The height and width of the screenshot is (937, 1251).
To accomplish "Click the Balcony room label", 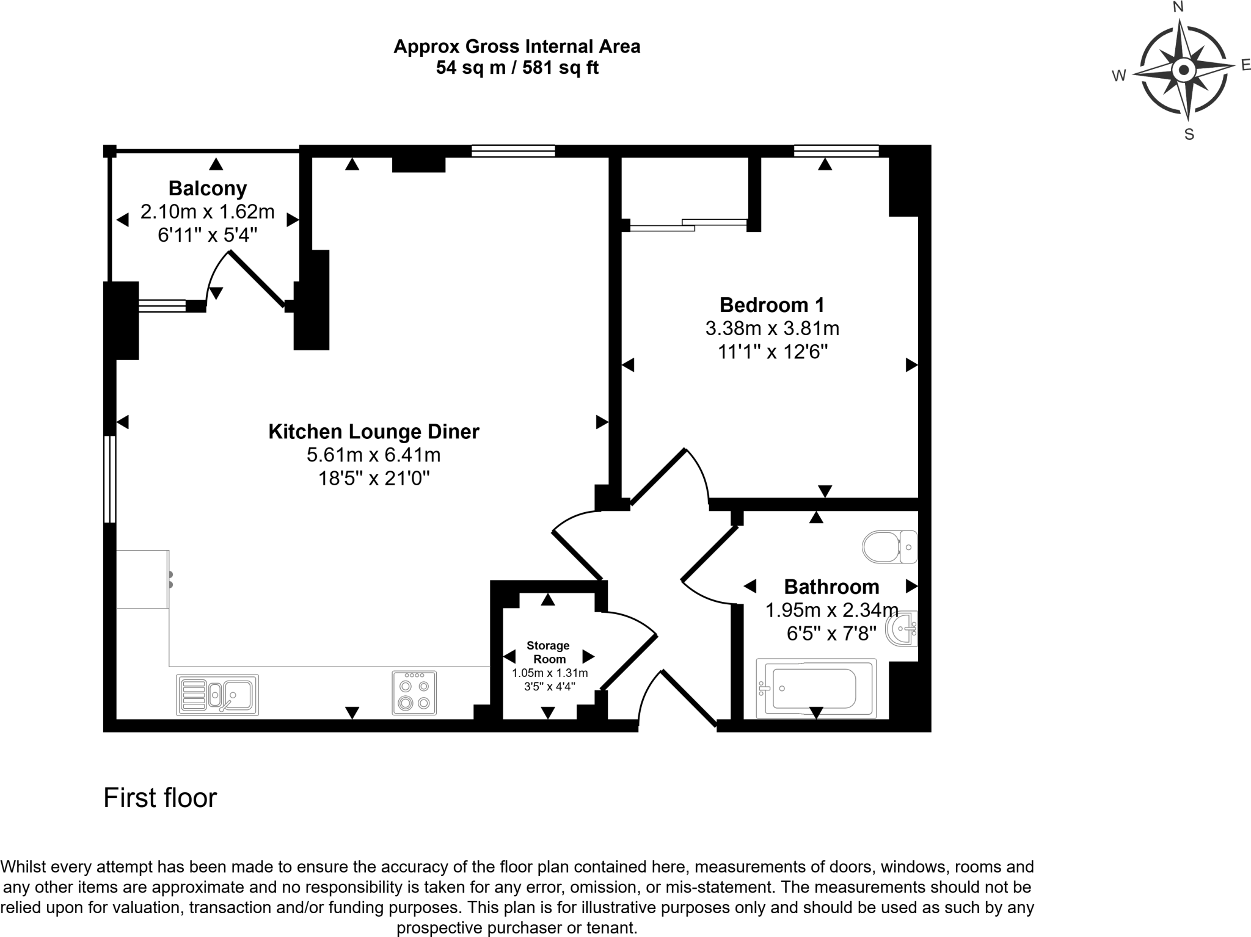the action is point(207,189).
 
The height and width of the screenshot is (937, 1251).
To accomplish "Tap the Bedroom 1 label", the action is point(772,305).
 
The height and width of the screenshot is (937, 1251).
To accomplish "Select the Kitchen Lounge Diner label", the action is point(374,432).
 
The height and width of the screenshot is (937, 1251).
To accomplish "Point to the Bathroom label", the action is point(831,587).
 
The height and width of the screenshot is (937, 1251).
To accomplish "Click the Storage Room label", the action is point(549,652).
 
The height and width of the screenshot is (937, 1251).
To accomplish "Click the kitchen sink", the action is point(217,695).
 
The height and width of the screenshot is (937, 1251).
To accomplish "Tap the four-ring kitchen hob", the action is point(414,693).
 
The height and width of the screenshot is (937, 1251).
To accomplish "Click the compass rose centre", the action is point(1184,70).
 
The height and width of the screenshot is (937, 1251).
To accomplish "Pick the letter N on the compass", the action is point(1178,7).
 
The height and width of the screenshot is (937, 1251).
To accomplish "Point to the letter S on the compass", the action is point(1189,135).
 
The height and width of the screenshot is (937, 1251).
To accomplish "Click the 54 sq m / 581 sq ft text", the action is point(517,68).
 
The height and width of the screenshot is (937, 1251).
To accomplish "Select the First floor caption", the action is point(160,798).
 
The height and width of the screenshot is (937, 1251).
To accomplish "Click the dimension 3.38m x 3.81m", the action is point(772,328).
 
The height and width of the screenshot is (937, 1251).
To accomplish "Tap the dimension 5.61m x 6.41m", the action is point(374,455).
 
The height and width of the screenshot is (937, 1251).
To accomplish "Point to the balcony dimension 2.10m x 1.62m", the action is point(207,212).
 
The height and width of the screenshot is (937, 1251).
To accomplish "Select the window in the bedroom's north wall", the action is point(836,150).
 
